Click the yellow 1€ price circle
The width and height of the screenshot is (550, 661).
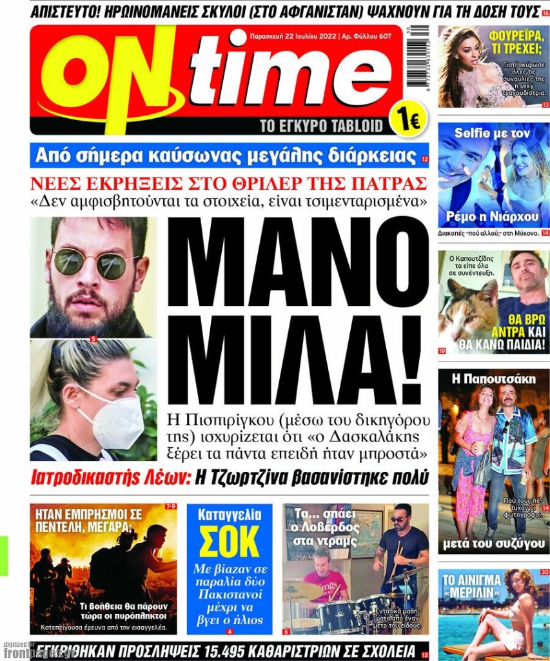[408, 119]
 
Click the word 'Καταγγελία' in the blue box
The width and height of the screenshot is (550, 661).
[229, 515]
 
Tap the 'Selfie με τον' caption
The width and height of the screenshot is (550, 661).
[493, 133]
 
